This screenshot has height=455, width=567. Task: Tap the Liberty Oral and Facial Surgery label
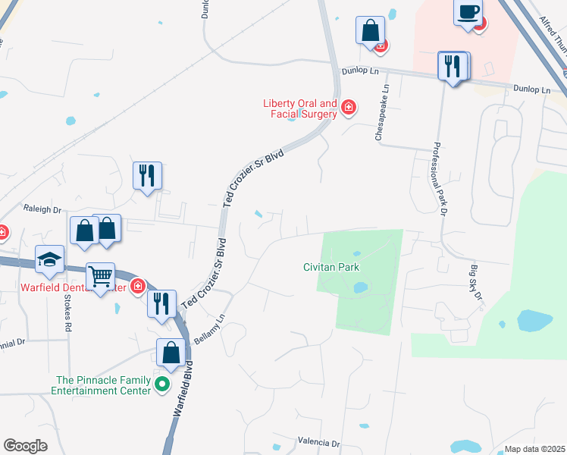pos(299,108)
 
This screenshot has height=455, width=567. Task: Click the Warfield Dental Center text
pos(72,287)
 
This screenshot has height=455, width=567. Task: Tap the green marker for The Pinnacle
pos(161,384)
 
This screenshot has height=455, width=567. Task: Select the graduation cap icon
pos(49,259)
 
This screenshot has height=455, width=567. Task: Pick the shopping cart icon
pos(100,277)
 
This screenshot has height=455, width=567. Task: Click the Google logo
pos(25,446)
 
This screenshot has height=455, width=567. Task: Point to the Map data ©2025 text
pos(534,449)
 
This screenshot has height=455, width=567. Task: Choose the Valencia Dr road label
pos(319,441)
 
